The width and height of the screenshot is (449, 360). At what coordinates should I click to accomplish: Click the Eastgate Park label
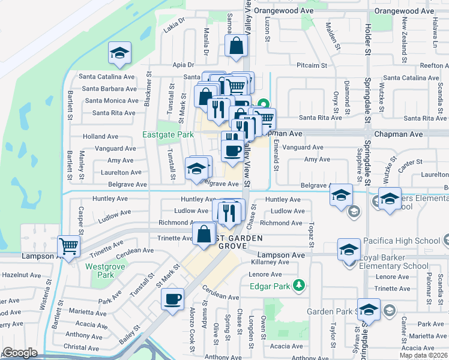pos(167,135)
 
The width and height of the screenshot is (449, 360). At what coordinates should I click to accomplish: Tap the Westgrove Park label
pos(100,270)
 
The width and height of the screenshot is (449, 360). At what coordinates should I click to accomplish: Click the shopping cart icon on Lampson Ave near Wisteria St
pos(69,246)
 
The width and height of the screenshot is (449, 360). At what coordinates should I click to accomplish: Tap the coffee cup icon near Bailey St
pos(173,299)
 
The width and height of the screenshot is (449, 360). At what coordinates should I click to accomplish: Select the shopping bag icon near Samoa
pos(237,46)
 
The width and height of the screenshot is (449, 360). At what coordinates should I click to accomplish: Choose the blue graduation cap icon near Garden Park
pos(369,309)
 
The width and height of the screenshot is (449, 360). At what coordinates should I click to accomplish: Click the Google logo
pos(20,353)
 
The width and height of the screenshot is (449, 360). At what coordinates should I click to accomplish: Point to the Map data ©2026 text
pos(424,355)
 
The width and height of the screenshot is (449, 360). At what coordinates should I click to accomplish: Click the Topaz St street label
pos(312,235)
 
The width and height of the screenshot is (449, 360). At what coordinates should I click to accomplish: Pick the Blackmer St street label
pos(148,91)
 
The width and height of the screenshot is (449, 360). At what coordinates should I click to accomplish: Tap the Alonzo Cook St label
pos(192,335)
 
